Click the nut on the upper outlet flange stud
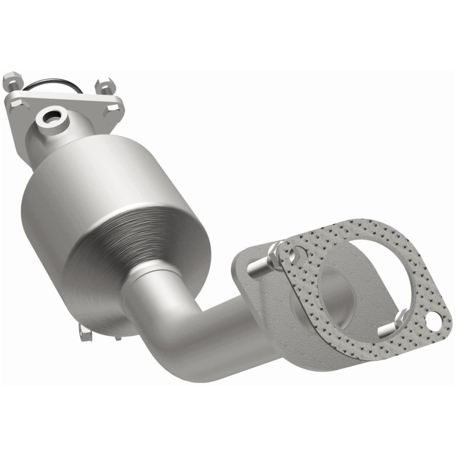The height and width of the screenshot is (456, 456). point(276,251)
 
